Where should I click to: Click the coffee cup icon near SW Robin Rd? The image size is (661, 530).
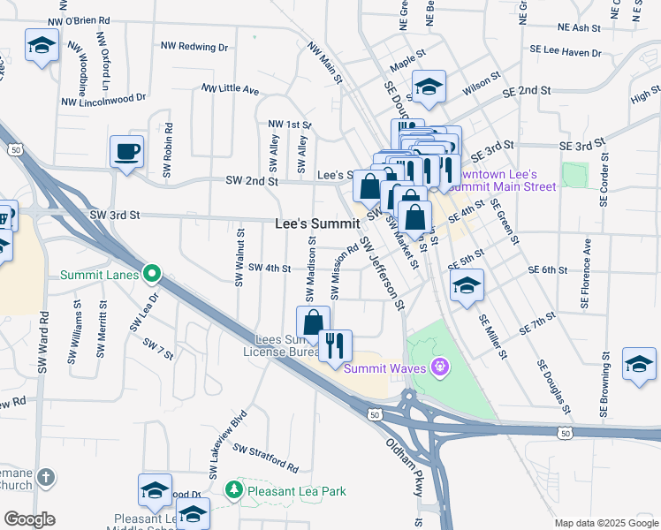click(126, 150)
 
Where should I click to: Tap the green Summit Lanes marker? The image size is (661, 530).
click(153, 274)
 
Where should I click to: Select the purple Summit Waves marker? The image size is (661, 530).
click(439, 367)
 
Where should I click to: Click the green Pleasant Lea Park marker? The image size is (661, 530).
click(233, 489)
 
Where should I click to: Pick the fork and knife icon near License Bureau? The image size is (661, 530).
click(335, 344)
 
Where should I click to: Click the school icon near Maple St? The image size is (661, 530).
click(429, 86)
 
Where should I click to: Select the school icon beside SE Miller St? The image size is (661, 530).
click(467, 284)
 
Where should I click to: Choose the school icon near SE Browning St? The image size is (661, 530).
click(639, 363)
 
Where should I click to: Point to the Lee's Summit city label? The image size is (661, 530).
click(317, 223)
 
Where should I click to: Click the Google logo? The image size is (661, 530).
click(29, 519)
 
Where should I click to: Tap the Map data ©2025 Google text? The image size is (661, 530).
click(605, 523)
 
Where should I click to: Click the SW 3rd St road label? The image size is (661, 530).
click(115, 215)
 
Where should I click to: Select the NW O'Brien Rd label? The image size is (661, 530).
click(80, 19)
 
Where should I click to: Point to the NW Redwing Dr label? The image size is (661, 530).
click(194, 46)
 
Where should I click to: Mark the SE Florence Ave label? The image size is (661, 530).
click(585, 278)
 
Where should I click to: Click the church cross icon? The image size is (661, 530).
click(45, 478)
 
